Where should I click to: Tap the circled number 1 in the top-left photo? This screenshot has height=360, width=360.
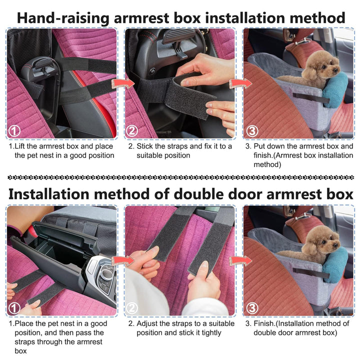pyautogui.click(x=15, y=131)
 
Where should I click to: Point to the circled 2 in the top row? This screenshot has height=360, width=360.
pyautogui.click(x=132, y=131)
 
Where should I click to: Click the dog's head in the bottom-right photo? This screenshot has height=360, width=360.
pyautogui.click(x=321, y=242)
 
